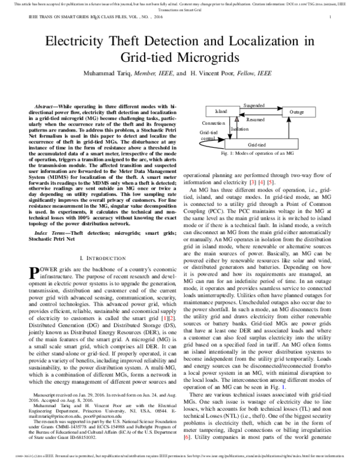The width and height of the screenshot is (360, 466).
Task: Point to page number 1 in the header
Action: point(330,18)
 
